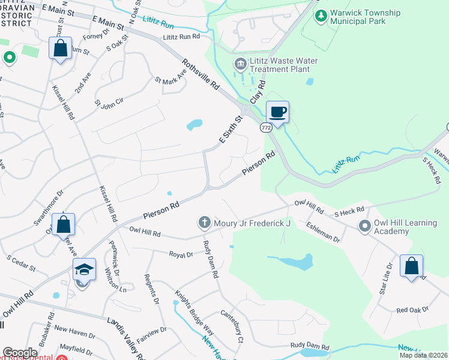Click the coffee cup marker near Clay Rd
[x=277, y=112]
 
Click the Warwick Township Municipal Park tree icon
[x=322, y=14]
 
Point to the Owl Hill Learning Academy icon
[x=364, y=226]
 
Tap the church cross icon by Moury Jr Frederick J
[x=204, y=223]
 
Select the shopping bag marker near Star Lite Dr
[x=411, y=266]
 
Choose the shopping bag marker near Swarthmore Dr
[x=63, y=225]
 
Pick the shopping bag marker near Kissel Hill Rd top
[x=61, y=49]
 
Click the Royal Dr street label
[x=181, y=254]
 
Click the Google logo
[x=20, y=353]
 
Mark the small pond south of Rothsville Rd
[x=194, y=125]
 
